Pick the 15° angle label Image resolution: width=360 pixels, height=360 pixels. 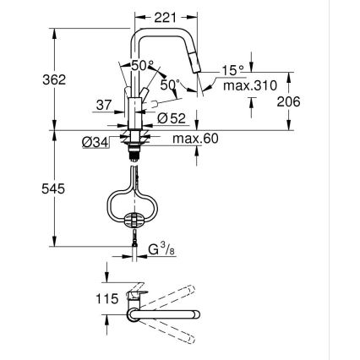(x=232, y=71)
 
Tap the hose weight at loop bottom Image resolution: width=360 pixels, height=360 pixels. (x=133, y=219)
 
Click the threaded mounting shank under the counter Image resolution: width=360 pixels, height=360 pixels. (x=134, y=153)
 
